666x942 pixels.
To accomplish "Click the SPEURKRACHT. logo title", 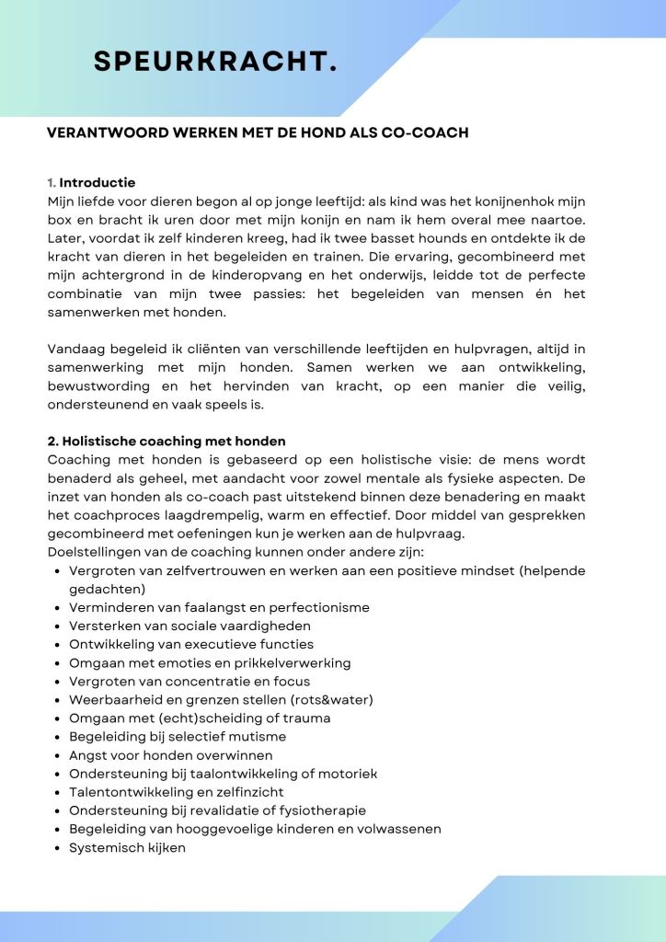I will pyautogui.click(x=215, y=61).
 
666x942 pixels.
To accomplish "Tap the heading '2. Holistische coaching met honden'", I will pyautogui.click(x=166, y=442).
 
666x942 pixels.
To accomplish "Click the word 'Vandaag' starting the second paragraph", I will pyautogui.click(x=75, y=350).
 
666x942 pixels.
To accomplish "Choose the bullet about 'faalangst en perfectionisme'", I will pyautogui.click(x=219, y=607).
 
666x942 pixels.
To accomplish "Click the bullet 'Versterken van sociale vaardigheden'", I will pyautogui.click(x=189, y=626).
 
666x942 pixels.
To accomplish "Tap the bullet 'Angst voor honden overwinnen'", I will pyautogui.click(x=170, y=755).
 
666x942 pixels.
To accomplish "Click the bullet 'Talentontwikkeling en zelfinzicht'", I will pyautogui.click(x=177, y=792).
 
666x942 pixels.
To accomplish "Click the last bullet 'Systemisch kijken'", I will pyautogui.click(x=127, y=847).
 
